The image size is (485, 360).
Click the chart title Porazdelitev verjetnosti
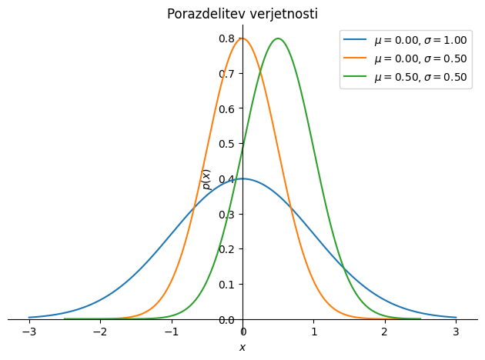tap(242, 14)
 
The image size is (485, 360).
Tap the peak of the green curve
tap(278, 38)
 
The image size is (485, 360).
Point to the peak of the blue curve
tap(242, 178)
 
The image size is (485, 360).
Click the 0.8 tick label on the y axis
tap(227, 38)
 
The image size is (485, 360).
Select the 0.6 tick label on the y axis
tap(227, 108)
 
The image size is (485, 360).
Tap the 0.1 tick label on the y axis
tap(227, 284)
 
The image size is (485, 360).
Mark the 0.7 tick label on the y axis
tap(227, 74)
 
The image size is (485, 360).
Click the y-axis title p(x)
tap(206, 179)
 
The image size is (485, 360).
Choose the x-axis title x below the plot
tap(242, 348)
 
